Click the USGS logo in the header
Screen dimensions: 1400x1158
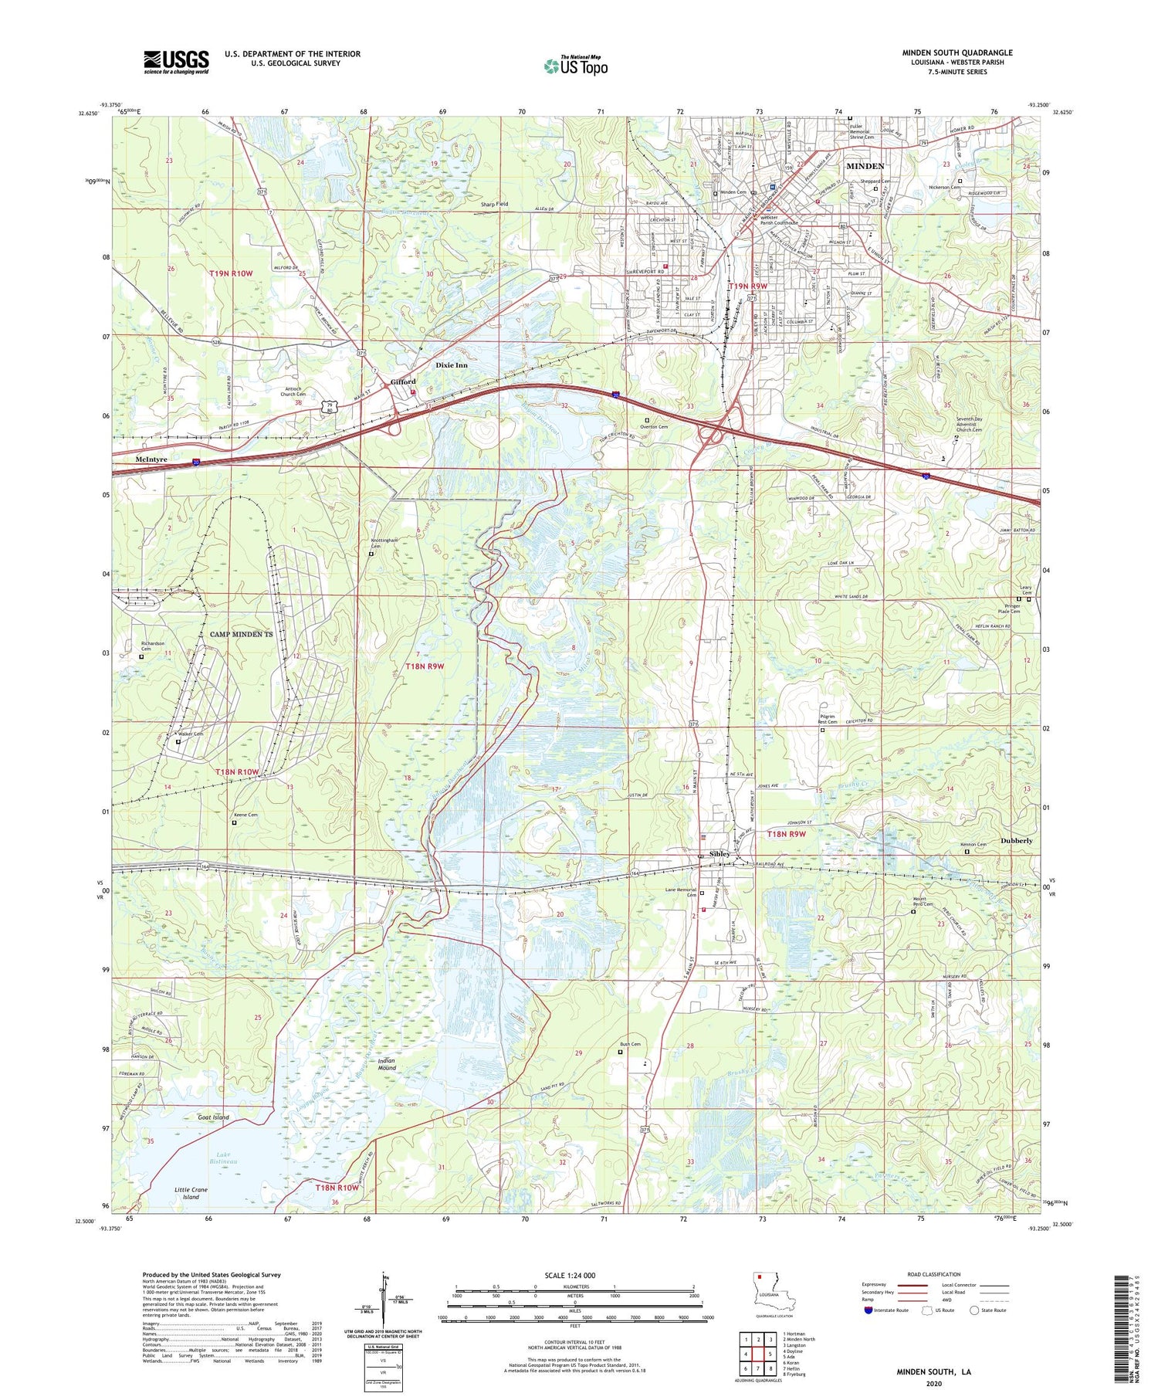(x=176, y=62)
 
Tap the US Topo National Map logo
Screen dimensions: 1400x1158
(x=575, y=66)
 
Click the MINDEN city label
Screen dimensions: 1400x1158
(x=865, y=167)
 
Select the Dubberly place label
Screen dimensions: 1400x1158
(x=1016, y=840)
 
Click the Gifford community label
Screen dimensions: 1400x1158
(x=403, y=381)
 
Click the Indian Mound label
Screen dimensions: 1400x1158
(x=387, y=1065)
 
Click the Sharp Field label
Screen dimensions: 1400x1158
(x=494, y=205)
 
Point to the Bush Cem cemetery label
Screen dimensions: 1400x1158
(x=630, y=1044)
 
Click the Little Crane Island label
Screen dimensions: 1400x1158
(x=191, y=1193)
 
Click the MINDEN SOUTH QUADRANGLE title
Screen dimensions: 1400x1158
(x=957, y=53)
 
